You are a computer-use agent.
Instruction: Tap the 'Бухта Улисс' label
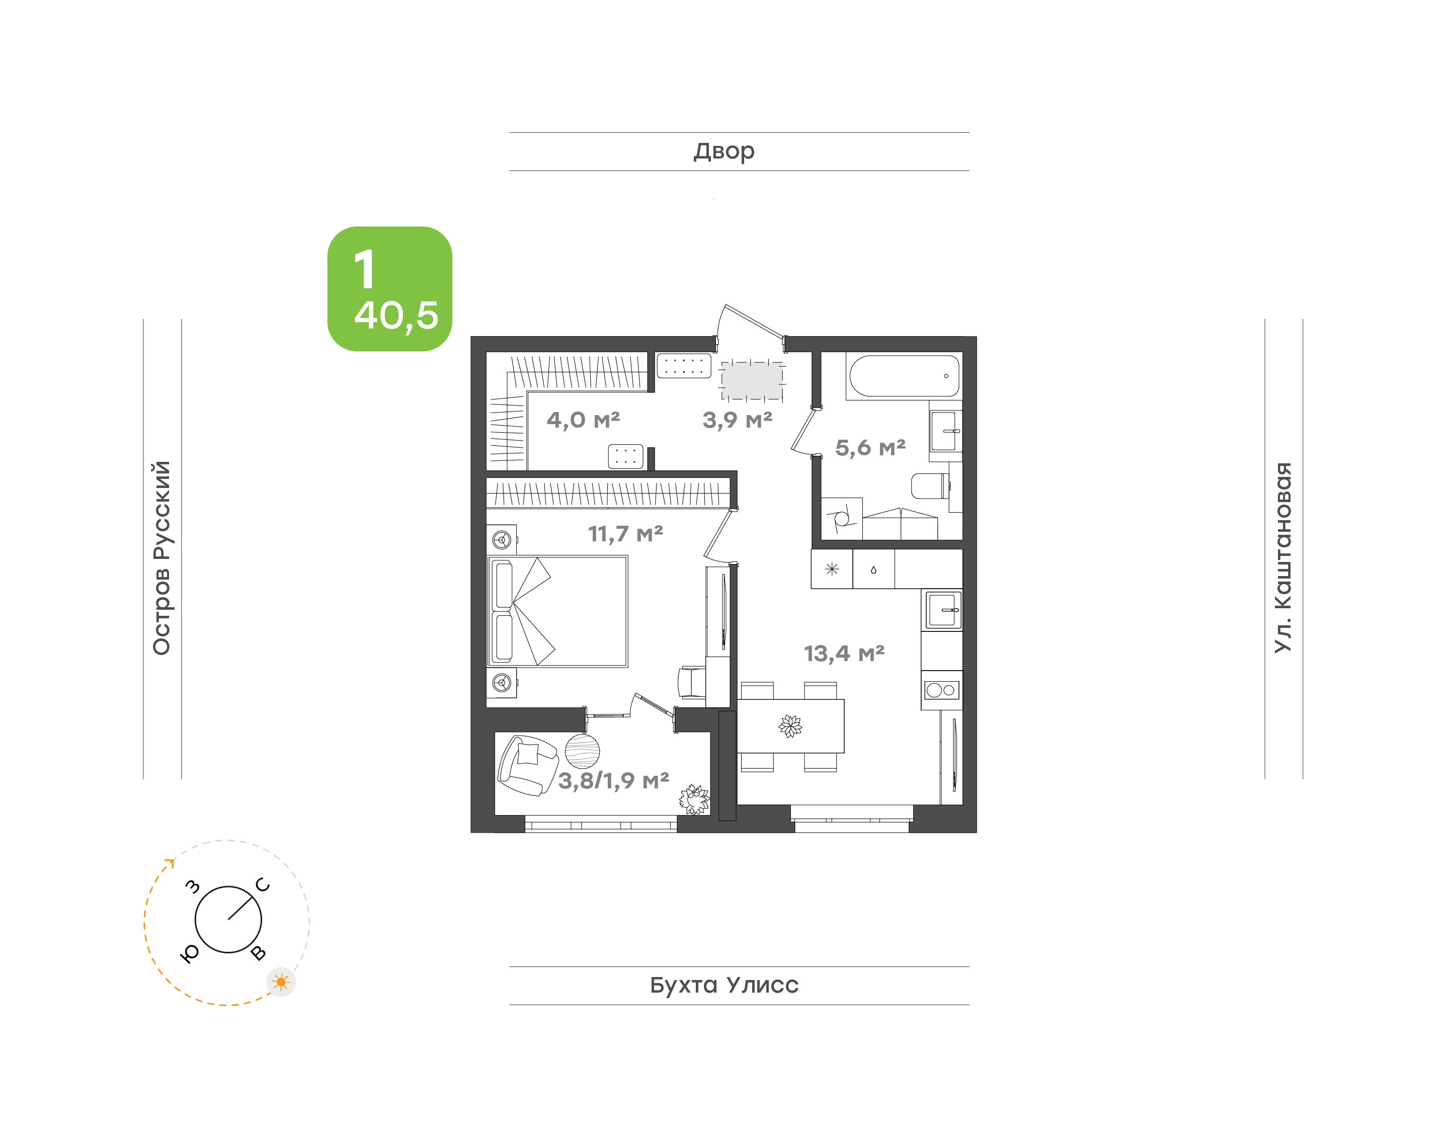[723, 985]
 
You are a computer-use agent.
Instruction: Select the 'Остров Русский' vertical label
[162, 558]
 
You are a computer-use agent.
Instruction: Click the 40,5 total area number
[396, 315]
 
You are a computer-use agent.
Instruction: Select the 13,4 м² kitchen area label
[843, 654]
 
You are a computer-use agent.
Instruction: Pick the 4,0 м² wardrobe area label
[583, 420]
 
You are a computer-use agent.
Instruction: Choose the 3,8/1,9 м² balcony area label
[613, 781]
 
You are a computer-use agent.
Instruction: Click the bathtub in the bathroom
[904, 376]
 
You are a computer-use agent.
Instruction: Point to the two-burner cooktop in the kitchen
[941, 690]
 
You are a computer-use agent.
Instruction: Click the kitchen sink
[942, 610]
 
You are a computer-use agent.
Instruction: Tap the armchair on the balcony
[527, 765]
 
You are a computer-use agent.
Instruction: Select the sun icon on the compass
[281, 982]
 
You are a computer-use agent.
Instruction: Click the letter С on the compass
[263, 885]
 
